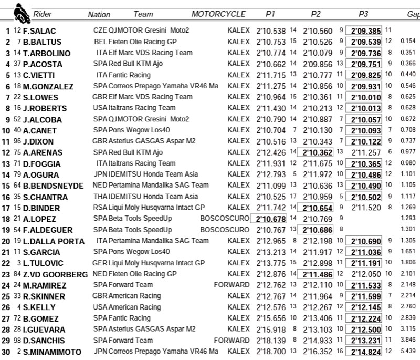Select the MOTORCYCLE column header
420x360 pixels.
[218, 14]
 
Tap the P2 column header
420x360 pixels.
[316, 14]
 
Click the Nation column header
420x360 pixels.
[99, 15]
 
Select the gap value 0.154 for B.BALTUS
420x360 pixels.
[407, 42]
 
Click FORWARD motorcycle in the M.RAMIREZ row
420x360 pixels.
[232, 285]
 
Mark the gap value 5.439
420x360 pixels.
[407, 351]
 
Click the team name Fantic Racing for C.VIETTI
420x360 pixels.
[129, 75]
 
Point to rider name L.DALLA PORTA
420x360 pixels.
[54, 241]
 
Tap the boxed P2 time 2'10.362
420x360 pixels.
[316, 152]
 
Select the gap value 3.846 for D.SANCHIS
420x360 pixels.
[407, 340]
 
